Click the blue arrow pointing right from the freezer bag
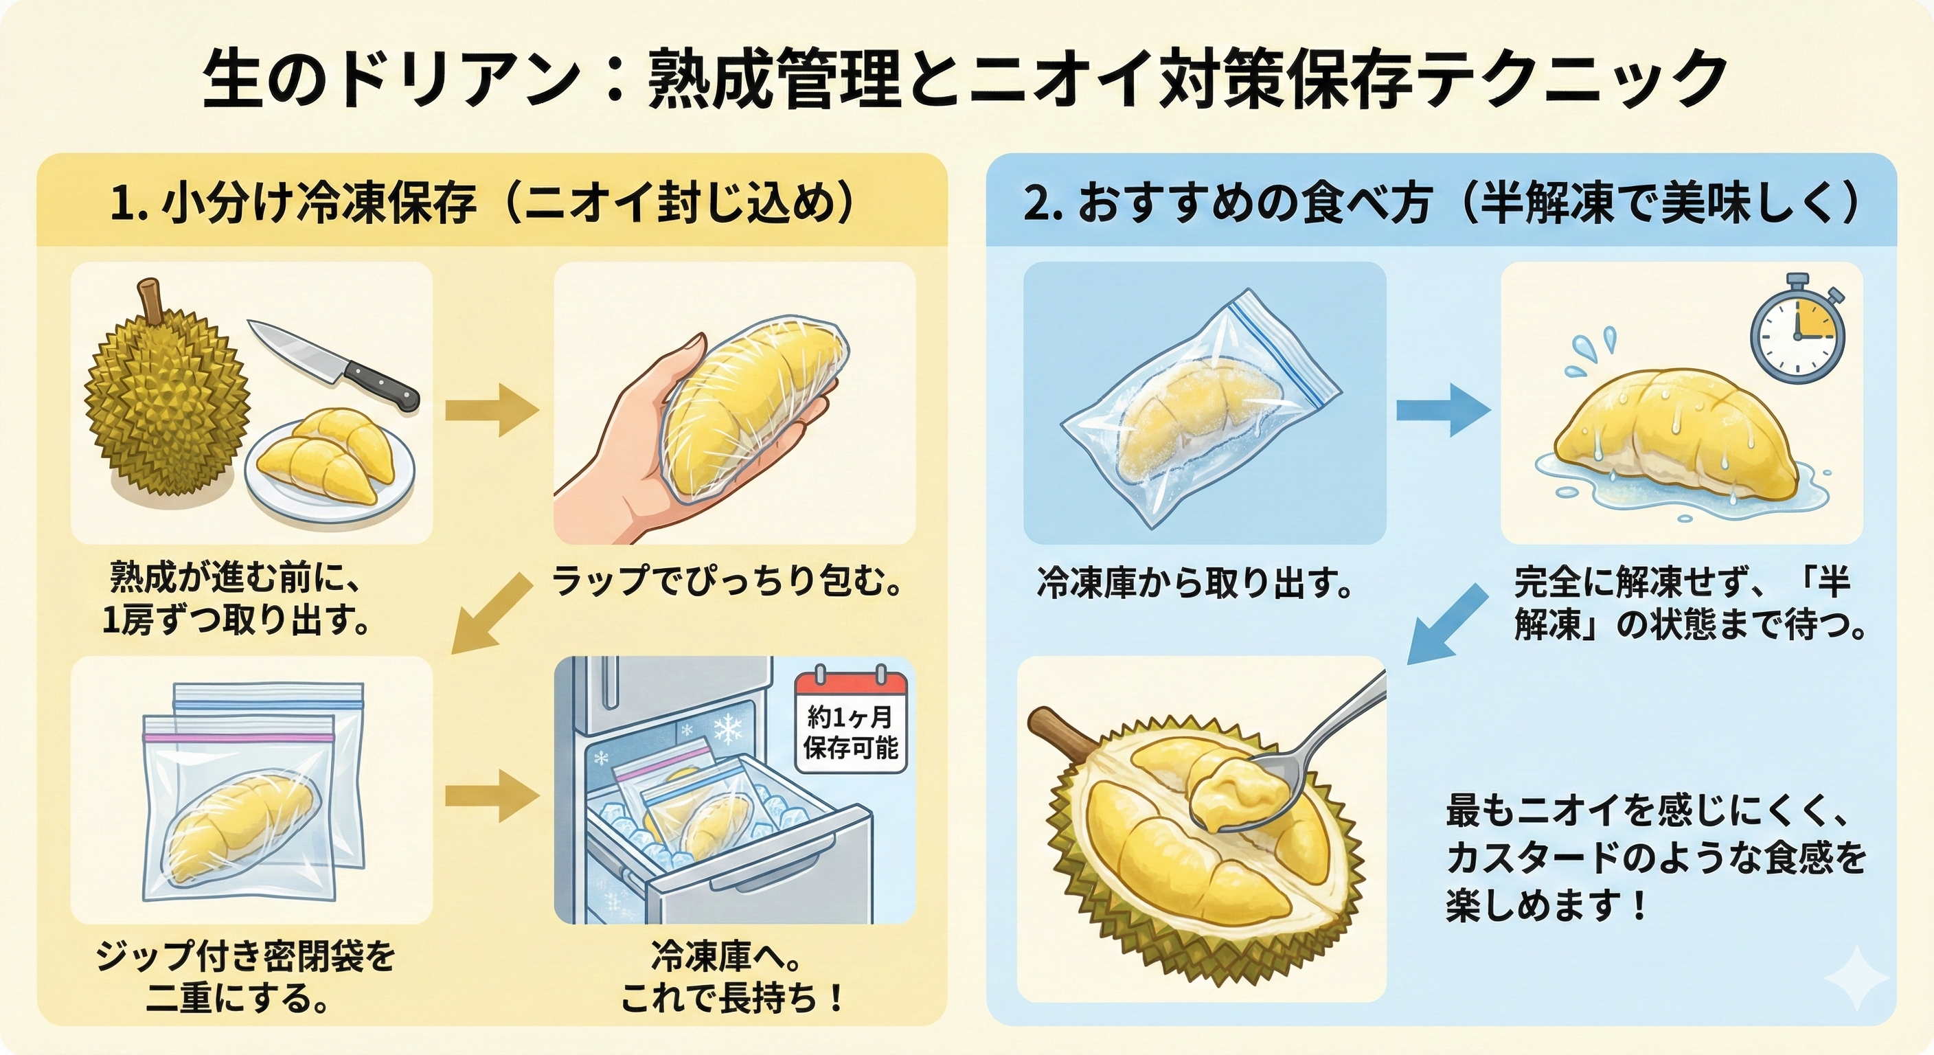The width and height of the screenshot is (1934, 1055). (1442, 410)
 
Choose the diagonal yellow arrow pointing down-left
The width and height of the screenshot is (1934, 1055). (492, 613)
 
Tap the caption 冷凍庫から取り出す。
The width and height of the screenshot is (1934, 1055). (1194, 582)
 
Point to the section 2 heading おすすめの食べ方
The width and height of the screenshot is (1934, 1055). (1254, 203)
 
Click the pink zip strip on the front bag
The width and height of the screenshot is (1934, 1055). (239, 738)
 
